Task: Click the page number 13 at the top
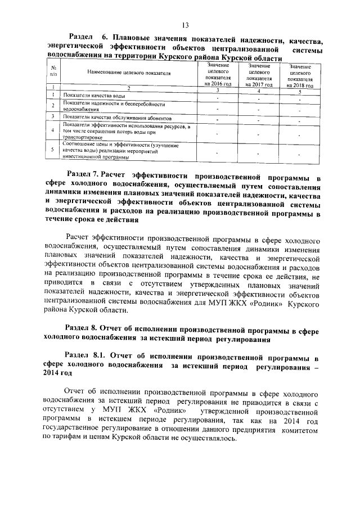pyautogui.click(x=184, y=24)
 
